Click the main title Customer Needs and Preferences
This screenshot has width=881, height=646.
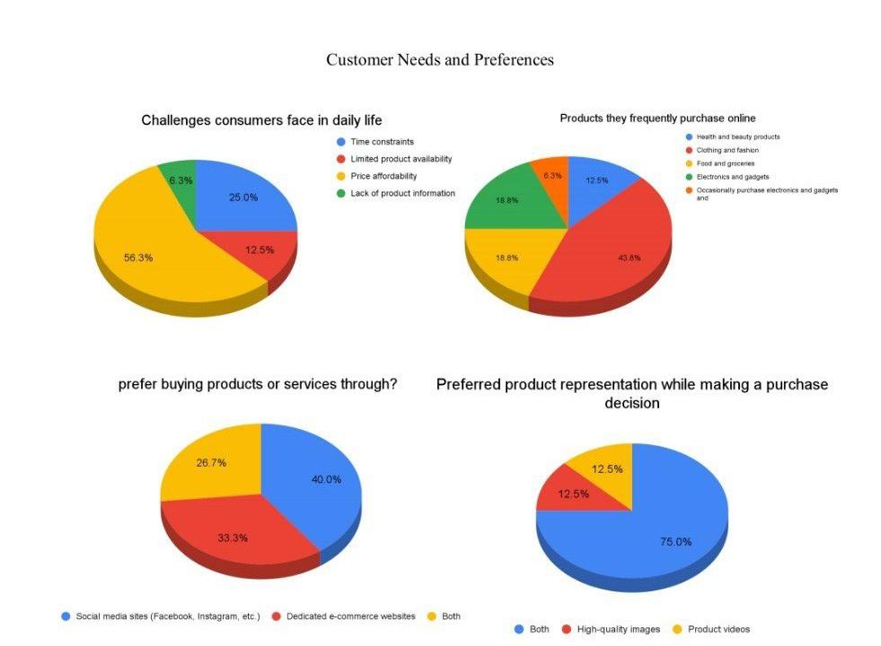pos(440,60)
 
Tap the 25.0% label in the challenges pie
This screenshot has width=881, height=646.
pos(242,197)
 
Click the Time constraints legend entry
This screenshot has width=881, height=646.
pos(382,142)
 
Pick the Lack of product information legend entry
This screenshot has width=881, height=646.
pos(401,193)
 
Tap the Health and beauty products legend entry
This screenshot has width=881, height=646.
pos(737,137)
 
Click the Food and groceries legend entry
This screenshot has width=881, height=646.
pos(725,163)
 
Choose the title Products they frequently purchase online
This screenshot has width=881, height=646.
pos(657,118)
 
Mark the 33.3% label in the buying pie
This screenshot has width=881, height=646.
pos(233,538)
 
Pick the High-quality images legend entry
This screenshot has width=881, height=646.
pos(619,629)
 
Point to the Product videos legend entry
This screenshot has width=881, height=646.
pos(718,629)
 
